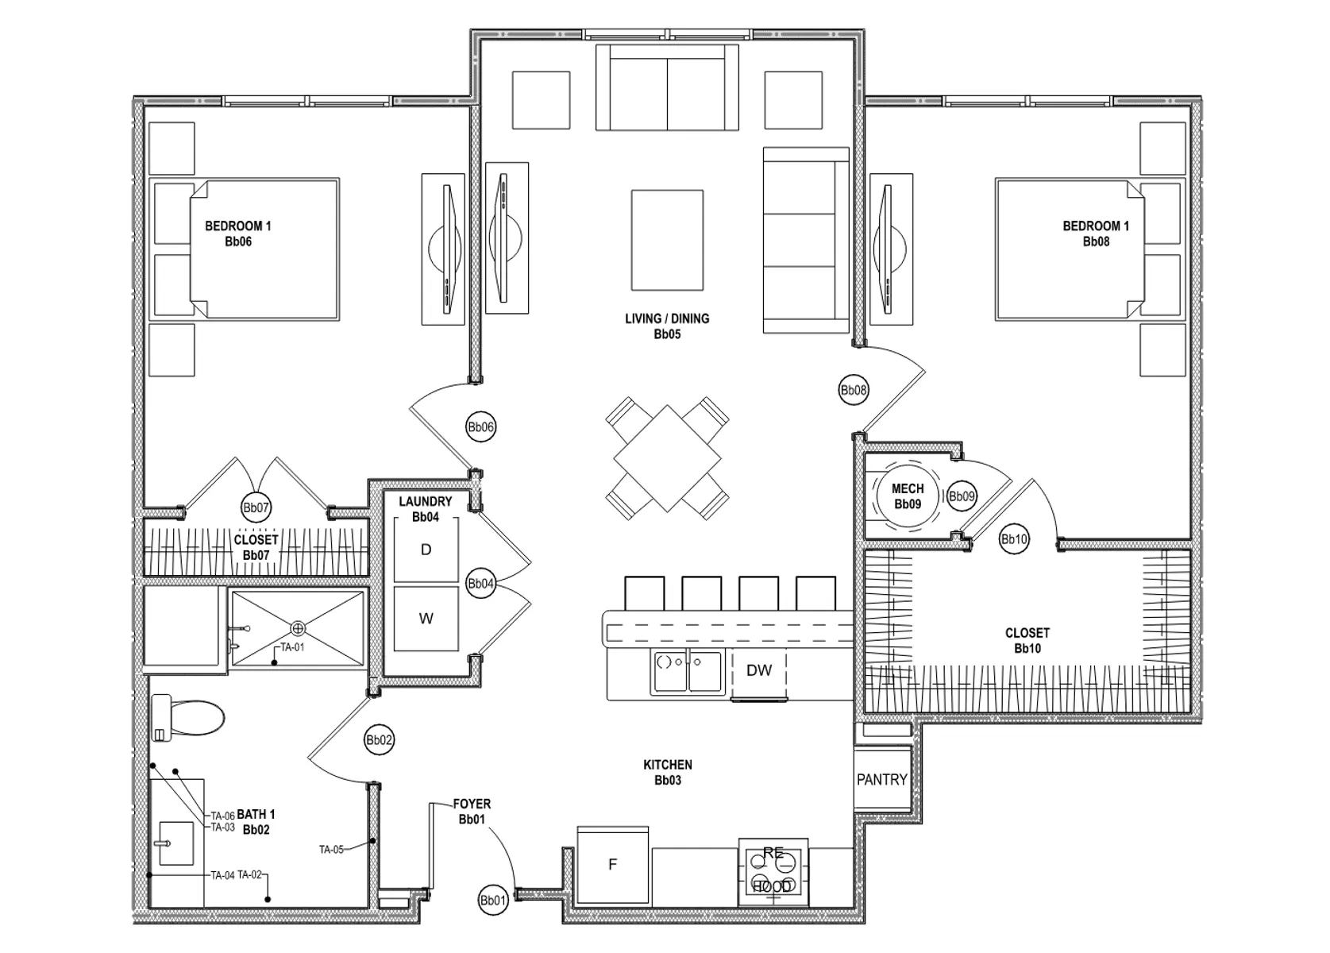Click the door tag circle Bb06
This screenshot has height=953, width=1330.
tap(480, 427)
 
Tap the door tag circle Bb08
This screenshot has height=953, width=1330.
tap(854, 390)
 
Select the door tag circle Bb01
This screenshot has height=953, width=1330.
tap(493, 901)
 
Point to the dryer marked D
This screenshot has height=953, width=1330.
tap(426, 550)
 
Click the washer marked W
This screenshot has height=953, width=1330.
tap(426, 619)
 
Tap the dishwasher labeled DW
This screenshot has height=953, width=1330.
tap(759, 671)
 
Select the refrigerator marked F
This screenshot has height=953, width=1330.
tap(612, 865)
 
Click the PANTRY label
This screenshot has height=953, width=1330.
tap(881, 780)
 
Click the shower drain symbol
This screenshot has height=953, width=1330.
tap(298, 628)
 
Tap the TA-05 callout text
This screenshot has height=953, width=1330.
tap(331, 850)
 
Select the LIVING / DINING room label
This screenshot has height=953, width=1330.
tap(667, 326)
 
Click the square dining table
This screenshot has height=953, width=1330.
tap(667, 458)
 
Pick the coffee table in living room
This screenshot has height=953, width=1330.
tap(667, 240)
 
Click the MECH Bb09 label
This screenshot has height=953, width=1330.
tap(908, 496)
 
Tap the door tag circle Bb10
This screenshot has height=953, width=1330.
tap(1014, 540)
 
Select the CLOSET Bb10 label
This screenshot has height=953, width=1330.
tap(1027, 640)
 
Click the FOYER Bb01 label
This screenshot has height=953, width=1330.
tap(472, 812)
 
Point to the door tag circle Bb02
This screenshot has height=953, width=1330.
tap(379, 740)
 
